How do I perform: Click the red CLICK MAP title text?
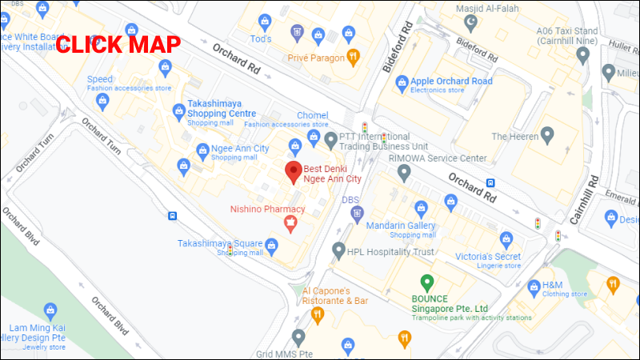click(x=118, y=44)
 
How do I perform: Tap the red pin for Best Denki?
click(x=293, y=170)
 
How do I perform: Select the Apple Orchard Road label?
click(x=451, y=81)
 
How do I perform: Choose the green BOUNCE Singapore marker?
click(x=427, y=282)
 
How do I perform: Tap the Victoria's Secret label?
click(x=488, y=256)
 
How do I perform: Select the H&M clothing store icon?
click(x=534, y=286)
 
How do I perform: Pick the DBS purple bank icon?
click(x=357, y=214)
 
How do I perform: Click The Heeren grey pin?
click(x=547, y=136)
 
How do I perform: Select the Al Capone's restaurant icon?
click(x=317, y=315)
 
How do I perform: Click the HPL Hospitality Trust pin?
click(x=339, y=251)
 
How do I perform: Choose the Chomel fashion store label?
click(x=312, y=116)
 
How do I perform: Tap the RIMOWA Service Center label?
click(x=437, y=158)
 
